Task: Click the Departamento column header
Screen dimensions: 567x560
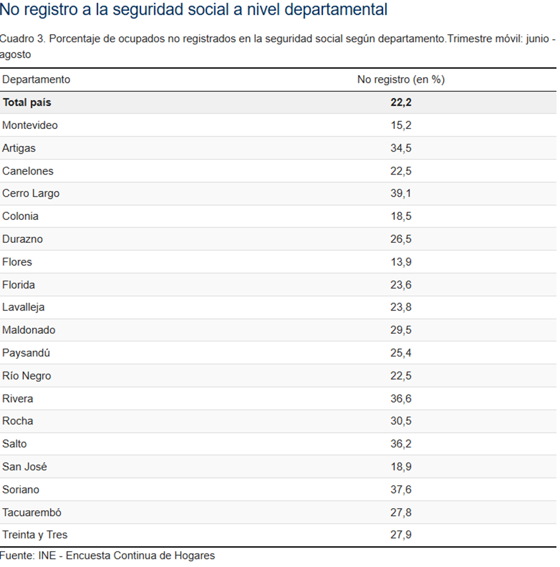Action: [36, 80]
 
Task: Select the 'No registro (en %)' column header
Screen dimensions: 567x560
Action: [401, 80]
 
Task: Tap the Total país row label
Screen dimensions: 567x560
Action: [27, 102]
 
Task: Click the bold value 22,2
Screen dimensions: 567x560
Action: [401, 102]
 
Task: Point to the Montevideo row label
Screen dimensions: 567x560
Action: [30, 125]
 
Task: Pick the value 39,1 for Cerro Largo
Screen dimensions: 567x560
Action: [401, 193]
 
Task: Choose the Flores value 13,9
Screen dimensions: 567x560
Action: [401, 262]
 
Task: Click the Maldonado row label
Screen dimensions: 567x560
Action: [28, 330]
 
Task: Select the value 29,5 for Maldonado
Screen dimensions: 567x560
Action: [401, 330]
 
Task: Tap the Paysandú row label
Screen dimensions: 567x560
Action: [26, 353]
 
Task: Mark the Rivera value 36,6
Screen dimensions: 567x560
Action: [401, 398]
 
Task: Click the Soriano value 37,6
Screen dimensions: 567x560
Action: [401, 489]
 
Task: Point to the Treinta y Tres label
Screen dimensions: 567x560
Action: [35, 535]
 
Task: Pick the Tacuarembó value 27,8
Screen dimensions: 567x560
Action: [401, 512]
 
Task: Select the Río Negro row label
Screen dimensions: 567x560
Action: [27, 375]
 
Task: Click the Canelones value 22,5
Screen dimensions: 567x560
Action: [401, 171]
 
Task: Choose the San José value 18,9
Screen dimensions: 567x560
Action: [401, 466]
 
